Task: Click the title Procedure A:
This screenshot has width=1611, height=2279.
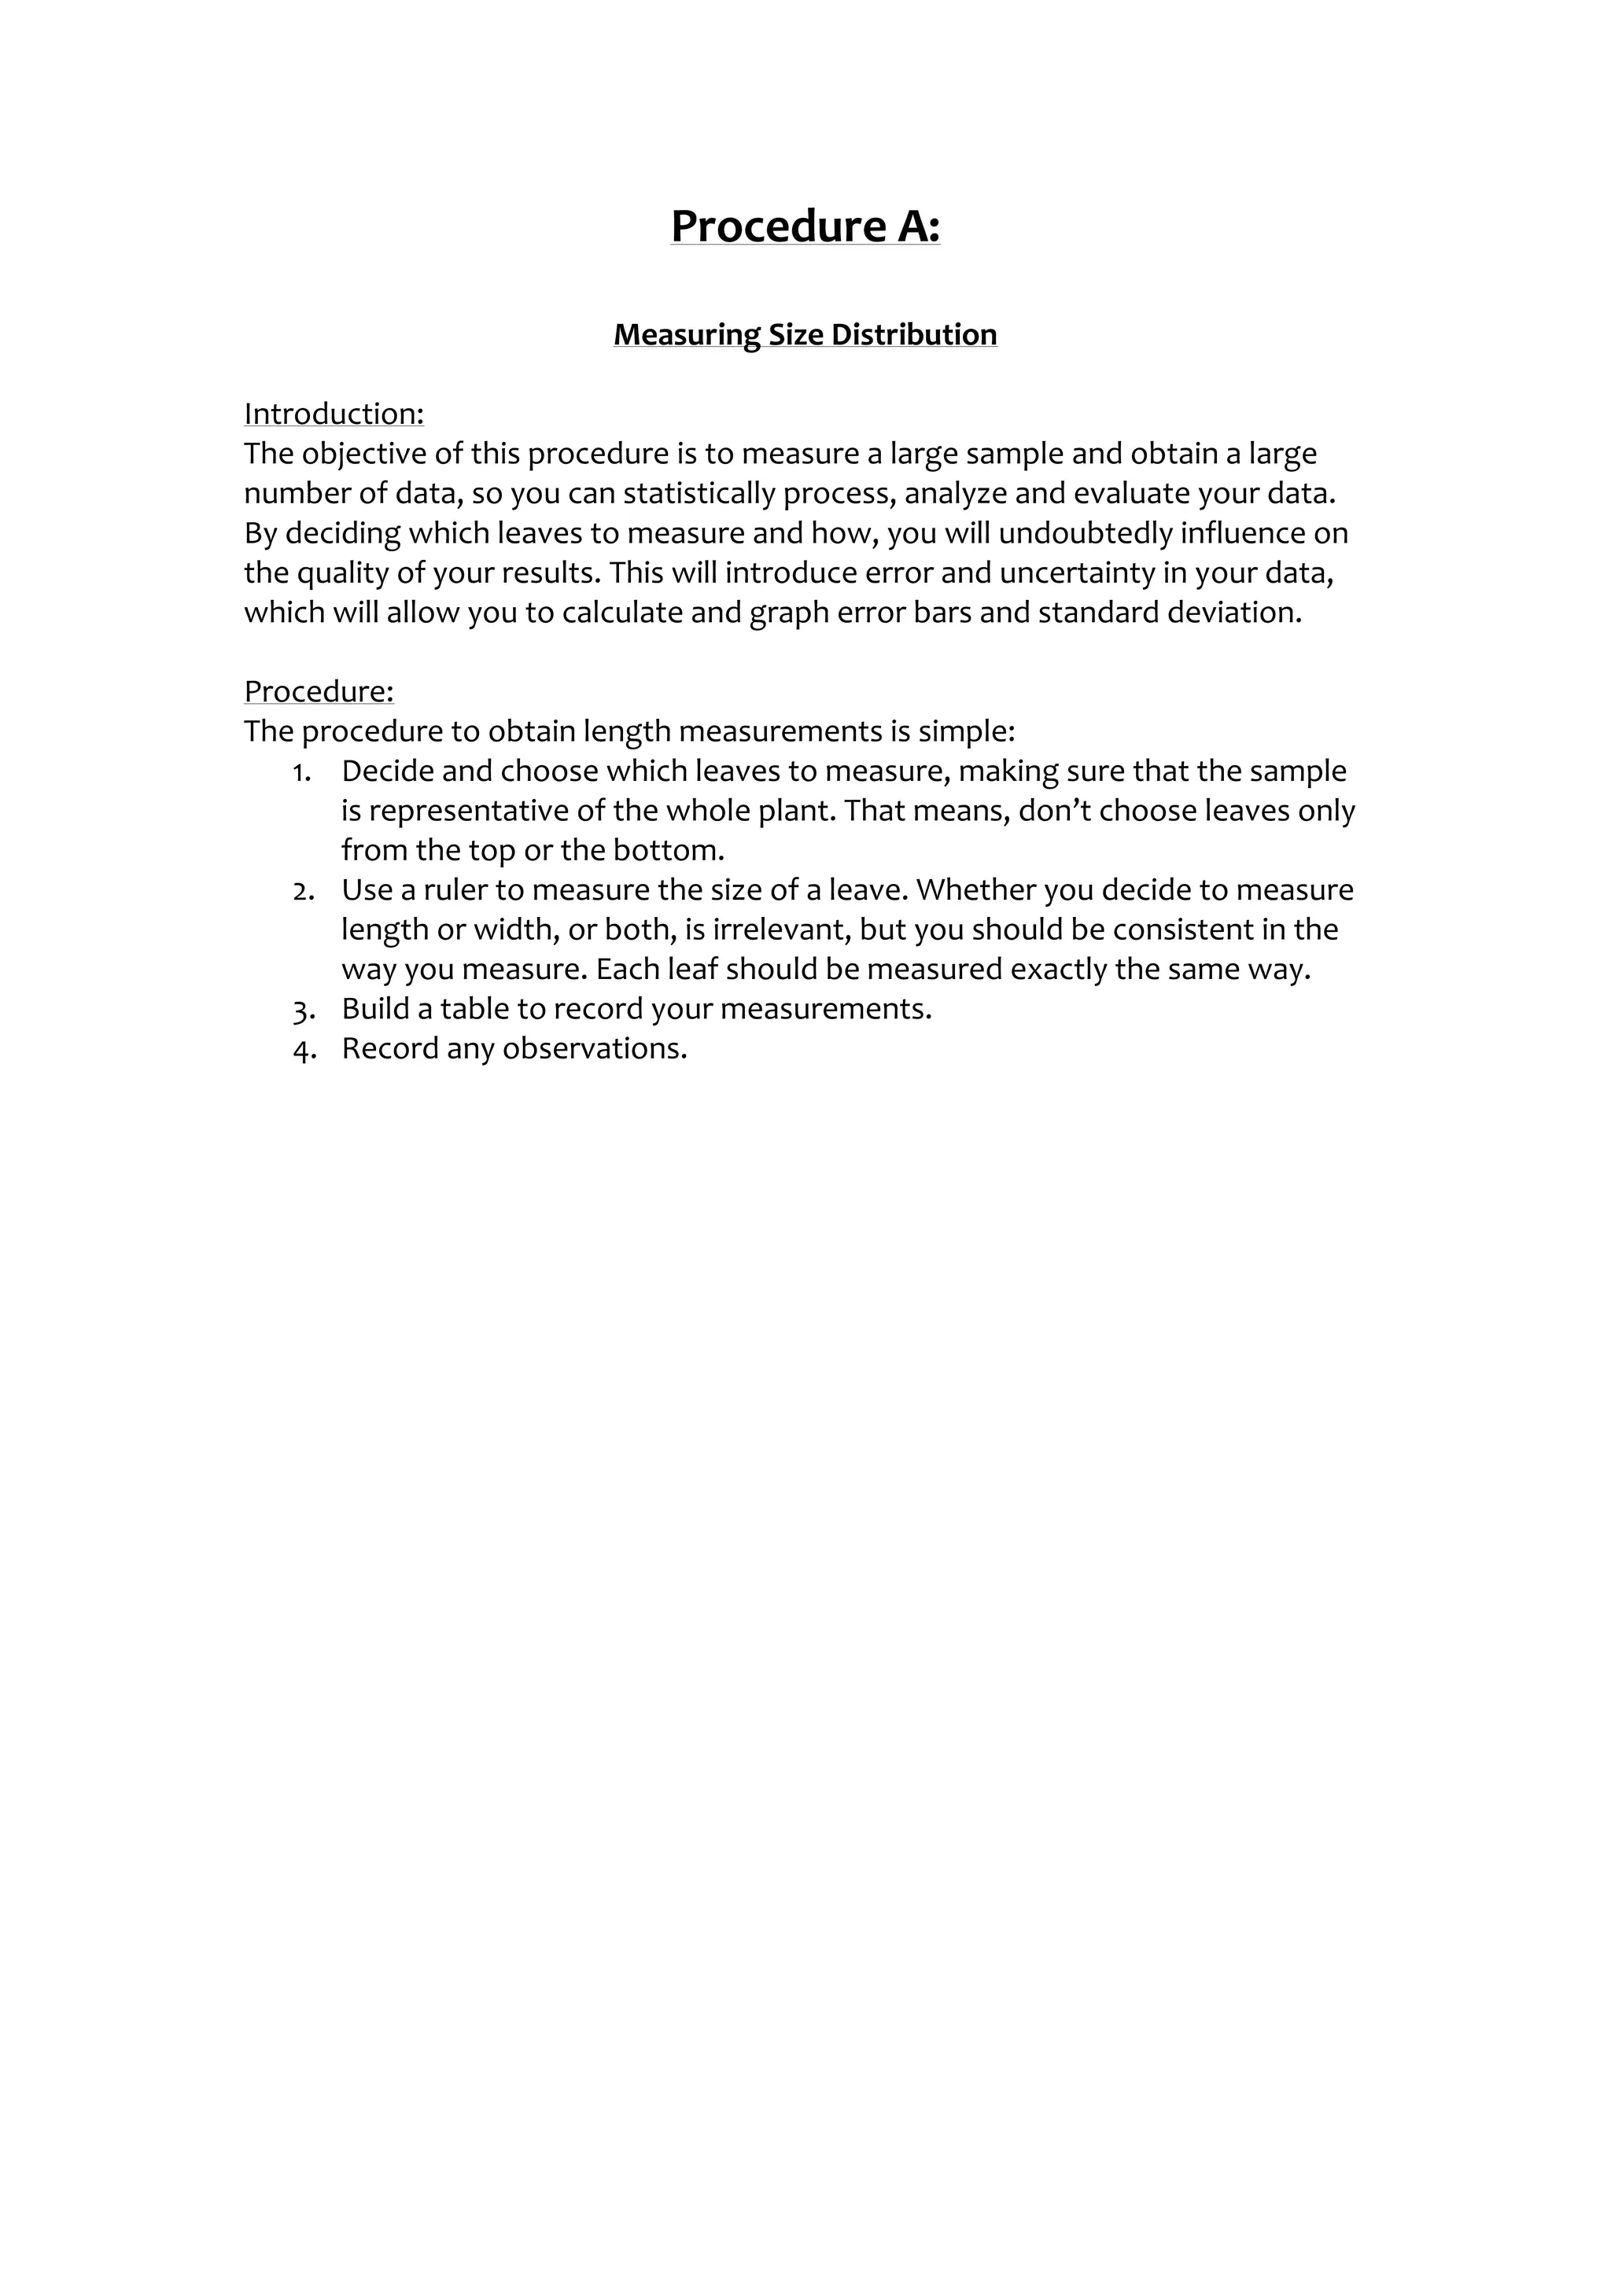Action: [805, 226]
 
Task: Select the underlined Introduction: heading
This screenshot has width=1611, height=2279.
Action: [334, 414]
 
